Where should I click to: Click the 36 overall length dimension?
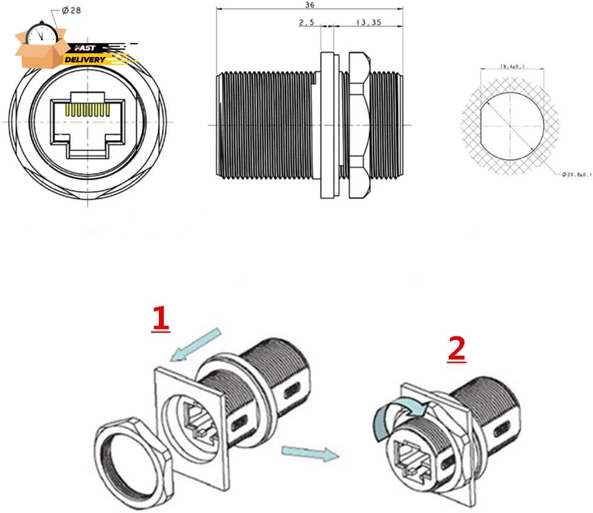pyautogui.click(x=310, y=5)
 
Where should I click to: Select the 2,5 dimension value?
pyautogui.click(x=307, y=22)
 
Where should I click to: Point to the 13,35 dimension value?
pyautogui.click(x=368, y=22)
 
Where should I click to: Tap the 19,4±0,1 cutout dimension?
pyautogui.click(x=513, y=67)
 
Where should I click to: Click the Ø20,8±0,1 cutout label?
pyautogui.click(x=575, y=174)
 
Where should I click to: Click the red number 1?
pyautogui.click(x=160, y=319)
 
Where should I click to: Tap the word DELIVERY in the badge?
pyautogui.click(x=85, y=59)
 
